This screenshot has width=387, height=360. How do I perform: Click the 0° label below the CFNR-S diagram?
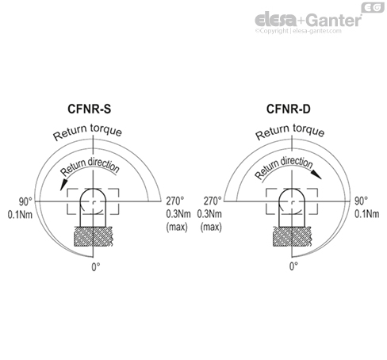coord(94,266)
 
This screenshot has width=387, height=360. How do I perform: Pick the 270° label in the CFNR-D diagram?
coord(213,201)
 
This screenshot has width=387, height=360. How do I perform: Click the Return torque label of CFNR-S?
coord(88,132)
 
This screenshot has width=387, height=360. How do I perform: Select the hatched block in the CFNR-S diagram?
coord(93,237)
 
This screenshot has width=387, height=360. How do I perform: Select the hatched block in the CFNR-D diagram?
coord(293,237)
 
